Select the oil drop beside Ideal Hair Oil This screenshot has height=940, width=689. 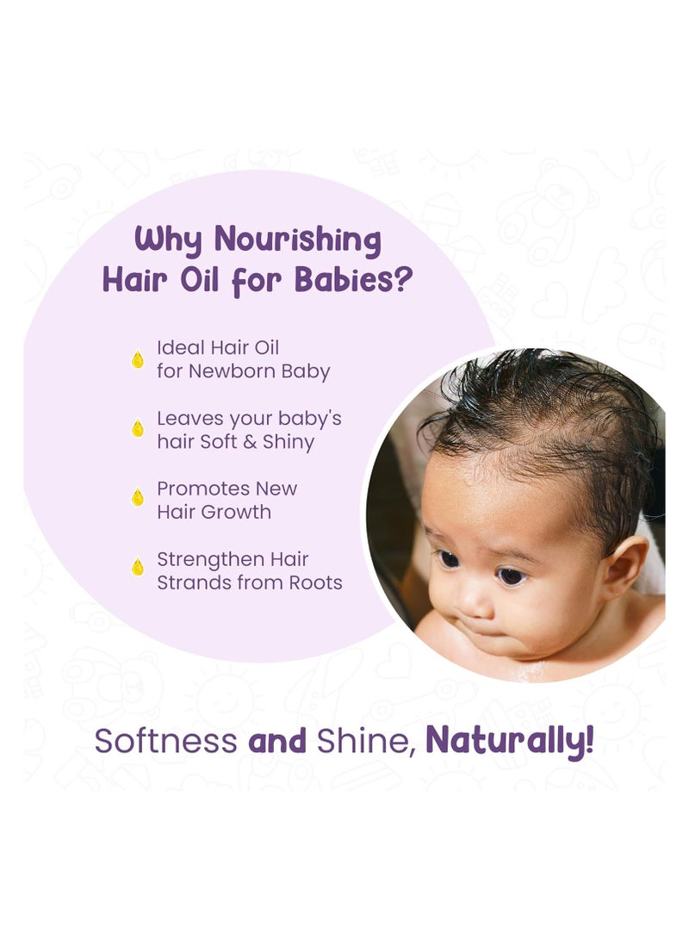tap(137, 359)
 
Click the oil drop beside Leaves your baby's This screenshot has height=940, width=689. tap(137, 427)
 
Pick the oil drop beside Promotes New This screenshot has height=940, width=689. tap(137, 497)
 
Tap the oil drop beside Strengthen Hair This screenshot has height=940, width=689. tap(137, 567)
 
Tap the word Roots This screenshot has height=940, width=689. tap(315, 582)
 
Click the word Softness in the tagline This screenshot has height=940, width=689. tap(165, 741)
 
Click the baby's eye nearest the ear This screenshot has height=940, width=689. tap(511, 576)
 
